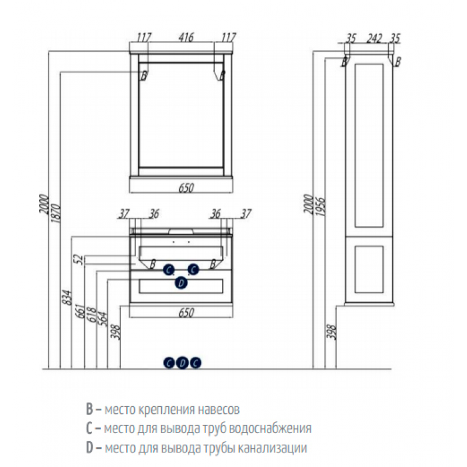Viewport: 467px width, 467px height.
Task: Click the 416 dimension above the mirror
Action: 186,37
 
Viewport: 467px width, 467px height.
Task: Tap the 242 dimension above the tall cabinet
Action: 374,38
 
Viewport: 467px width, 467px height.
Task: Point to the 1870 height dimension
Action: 55,213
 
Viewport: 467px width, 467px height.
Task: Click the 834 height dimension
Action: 68,297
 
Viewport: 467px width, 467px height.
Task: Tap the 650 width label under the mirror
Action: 186,187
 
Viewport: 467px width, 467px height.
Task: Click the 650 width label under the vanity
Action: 186,313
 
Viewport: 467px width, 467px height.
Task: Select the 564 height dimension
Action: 103,319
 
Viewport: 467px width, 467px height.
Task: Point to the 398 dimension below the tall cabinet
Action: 331,332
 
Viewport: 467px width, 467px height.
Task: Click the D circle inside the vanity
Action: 181,283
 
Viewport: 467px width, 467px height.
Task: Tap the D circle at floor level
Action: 182,363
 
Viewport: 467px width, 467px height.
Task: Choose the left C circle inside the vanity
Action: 169,270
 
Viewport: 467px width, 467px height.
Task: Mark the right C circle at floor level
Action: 196,363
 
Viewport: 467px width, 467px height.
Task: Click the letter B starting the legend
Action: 89,409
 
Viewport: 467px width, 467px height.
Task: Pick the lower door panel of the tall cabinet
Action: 369,269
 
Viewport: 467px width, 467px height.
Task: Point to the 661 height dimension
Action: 80,311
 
